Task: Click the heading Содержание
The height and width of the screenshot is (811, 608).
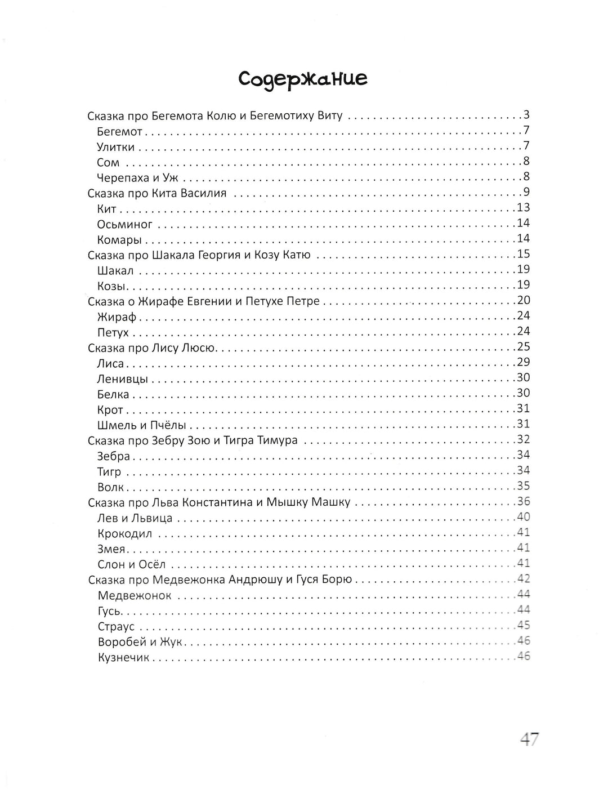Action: (x=303, y=78)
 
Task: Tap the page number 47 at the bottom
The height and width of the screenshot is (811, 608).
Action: (x=529, y=738)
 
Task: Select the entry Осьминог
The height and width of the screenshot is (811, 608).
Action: (x=124, y=224)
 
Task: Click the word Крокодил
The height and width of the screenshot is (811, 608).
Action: (x=124, y=533)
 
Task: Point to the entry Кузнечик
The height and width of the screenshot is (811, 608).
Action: (x=124, y=657)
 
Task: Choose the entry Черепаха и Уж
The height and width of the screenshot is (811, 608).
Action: (x=137, y=178)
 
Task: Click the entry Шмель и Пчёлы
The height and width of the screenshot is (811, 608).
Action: (x=141, y=425)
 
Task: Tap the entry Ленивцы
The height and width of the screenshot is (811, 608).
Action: (x=123, y=378)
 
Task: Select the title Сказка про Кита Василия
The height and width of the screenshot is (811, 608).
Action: (x=157, y=193)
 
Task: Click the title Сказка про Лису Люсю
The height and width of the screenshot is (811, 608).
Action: (x=152, y=347)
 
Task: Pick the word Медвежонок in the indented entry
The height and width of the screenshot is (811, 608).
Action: (x=135, y=595)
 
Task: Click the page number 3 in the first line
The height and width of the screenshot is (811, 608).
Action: (x=526, y=115)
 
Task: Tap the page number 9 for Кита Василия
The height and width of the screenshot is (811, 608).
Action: (x=526, y=193)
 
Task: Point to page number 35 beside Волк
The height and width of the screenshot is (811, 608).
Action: (x=523, y=486)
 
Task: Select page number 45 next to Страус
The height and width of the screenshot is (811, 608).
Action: (x=523, y=626)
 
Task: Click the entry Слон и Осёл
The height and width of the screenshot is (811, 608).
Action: (x=132, y=564)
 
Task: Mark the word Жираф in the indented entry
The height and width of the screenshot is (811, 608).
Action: (x=117, y=317)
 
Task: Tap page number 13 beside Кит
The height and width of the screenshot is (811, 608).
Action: (x=523, y=208)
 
